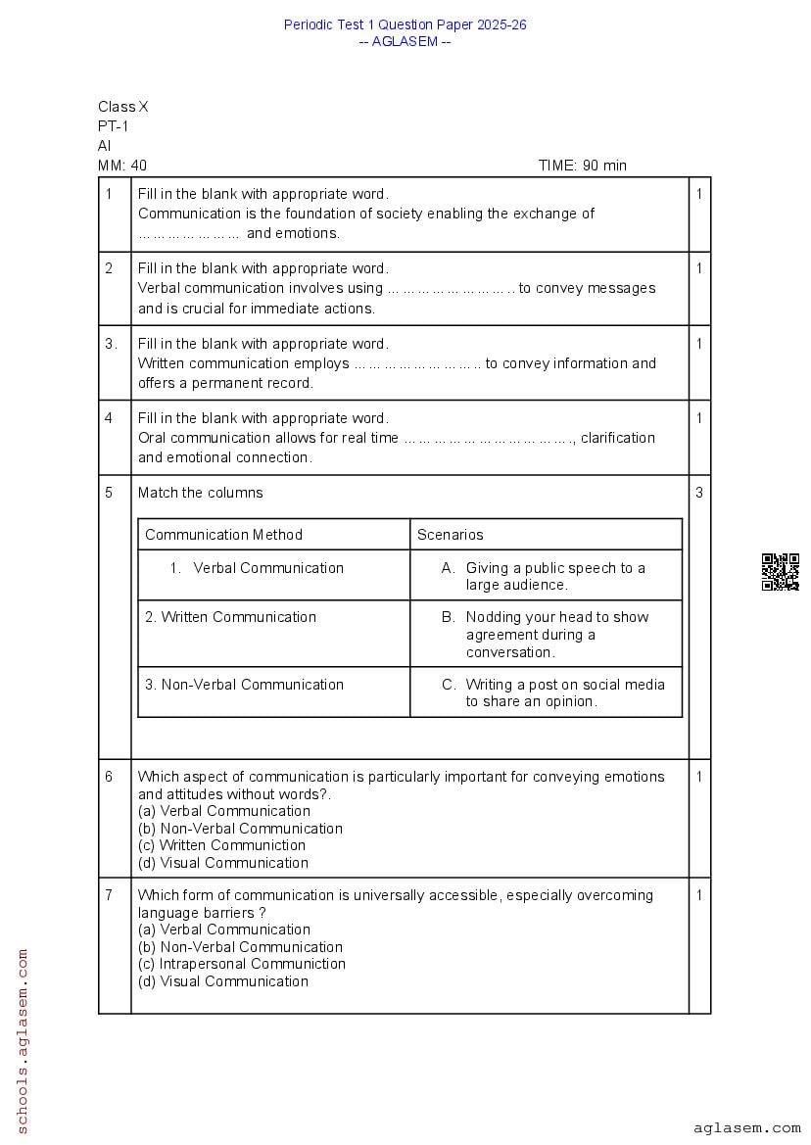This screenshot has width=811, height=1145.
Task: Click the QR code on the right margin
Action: (780, 572)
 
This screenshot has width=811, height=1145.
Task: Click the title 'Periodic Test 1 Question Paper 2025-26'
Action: (405, 24)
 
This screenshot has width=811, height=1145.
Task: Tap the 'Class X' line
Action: (123, 107)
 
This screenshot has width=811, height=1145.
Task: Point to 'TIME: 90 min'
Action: (582, 166)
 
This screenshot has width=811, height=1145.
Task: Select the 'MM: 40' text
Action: (122, 166)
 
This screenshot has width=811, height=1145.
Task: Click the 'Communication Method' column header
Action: (224, 535)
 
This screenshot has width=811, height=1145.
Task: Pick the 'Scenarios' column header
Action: (451, 535)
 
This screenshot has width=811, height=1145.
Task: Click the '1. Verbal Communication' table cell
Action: (257, 568)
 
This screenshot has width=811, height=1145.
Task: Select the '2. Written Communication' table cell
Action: (231, 617)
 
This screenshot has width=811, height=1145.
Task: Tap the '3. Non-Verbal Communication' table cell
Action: (245, 685)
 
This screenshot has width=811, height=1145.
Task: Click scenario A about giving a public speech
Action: (554, 576)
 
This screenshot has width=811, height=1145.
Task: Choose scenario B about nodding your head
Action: (556, 635)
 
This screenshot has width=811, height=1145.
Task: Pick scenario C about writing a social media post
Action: (564, 692)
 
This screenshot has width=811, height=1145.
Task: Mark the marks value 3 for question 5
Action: (699, 493)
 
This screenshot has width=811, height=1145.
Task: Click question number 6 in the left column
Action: (109, 777)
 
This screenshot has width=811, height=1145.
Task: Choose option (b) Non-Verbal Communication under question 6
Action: (240, 829)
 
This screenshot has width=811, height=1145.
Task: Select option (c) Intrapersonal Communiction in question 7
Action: (242, 964)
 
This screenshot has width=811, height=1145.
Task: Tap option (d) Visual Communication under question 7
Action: (223, 981)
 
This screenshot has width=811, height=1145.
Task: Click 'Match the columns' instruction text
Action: (201, 493)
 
